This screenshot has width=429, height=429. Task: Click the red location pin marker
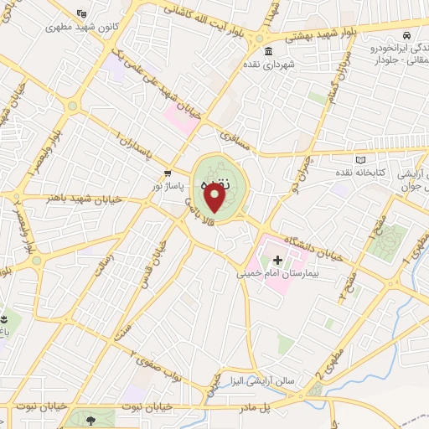tap(214, 198)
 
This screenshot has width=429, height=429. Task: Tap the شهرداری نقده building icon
tap(268, 52)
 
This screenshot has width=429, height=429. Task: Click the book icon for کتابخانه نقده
tap(361, 159)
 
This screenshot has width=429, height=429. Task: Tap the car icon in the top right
tap(406, 36)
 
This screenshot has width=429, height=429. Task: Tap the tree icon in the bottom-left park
tap(90, 417)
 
